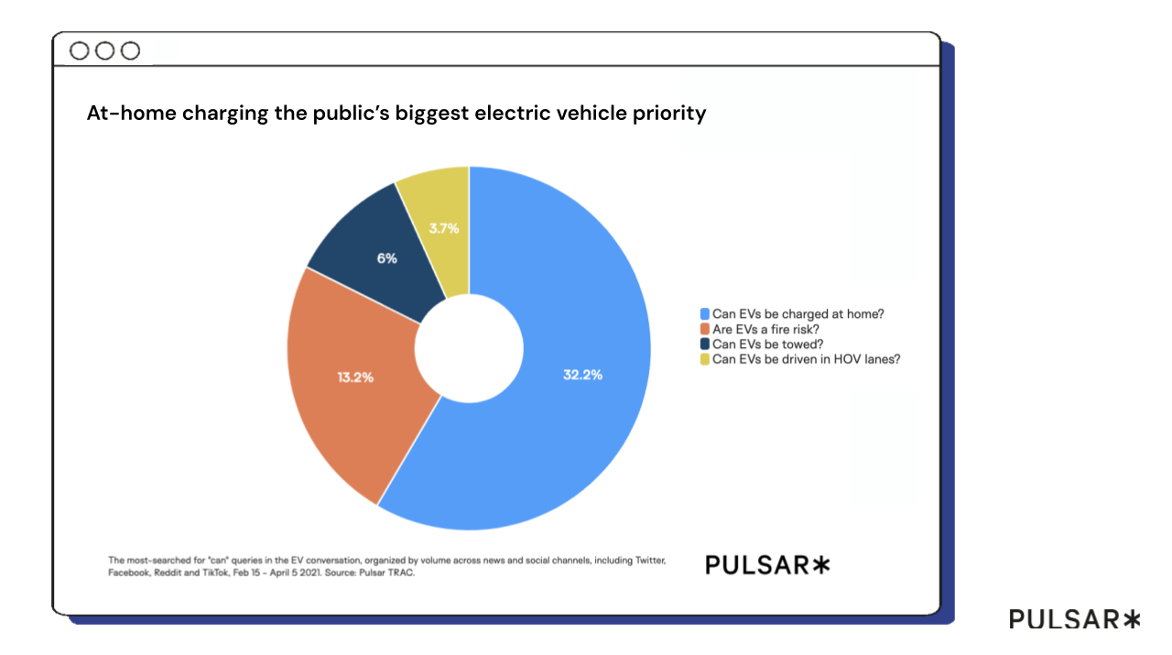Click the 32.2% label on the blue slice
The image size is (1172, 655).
point(582,375)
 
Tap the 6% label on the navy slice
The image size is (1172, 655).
point(387,258)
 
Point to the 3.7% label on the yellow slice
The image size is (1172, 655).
point(444,227)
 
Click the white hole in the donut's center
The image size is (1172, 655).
point(468,348)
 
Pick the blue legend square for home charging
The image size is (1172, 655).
point(704,313)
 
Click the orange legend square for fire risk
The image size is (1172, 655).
point(704,329)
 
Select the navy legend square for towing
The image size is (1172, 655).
point(704,344)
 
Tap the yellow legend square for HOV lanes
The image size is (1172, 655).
point(704,359)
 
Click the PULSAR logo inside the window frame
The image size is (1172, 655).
point(767,565)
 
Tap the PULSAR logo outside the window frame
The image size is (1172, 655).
point(1075,619)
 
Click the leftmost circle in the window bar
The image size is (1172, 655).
point(80,50)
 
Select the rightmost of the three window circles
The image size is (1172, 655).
point(131,50)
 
